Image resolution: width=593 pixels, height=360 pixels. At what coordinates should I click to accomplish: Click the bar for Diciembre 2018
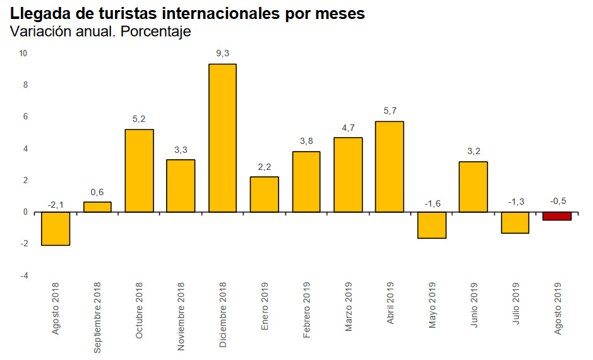click(x=222, y=138)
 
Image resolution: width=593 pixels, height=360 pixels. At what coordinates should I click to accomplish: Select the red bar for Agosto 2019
click(x=557, y=216)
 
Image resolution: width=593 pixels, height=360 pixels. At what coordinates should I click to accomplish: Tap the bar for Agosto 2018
click(x=56, y=229)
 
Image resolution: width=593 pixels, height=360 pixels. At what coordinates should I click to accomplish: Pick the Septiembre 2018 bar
click(x=97, y=207)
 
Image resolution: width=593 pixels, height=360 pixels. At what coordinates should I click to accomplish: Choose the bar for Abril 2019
click(x=390, y=167)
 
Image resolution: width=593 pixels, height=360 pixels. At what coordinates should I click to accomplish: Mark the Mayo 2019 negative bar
click(x=431, y=225)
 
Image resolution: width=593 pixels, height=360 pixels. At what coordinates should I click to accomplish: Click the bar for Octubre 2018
click(x=139, y=171)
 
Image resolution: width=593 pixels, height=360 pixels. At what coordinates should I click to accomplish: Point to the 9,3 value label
click(x=222, y=54)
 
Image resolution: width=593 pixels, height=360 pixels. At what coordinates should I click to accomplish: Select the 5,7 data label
click(x=390, y=111)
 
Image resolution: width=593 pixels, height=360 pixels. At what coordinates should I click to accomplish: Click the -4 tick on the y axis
click(x=24, y=276)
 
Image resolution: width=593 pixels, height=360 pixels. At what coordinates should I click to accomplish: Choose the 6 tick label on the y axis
click(x=25, y=117)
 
